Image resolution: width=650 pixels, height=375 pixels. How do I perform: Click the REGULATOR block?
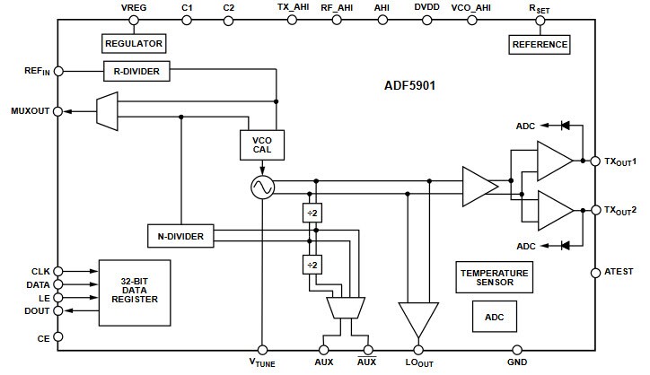point(133,43)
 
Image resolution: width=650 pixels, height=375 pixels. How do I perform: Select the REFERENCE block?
point(540,43)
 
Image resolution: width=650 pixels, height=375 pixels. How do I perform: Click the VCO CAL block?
point(261,144)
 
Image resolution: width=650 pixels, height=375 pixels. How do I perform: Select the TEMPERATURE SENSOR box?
point(495,277)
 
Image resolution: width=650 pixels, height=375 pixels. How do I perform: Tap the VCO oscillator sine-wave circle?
point(261,187)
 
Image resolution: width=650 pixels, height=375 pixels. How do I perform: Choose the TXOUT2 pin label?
point(620,210)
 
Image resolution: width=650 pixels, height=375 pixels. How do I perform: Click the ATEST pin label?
point(619,272)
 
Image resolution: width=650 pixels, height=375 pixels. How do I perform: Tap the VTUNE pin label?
point(261,363)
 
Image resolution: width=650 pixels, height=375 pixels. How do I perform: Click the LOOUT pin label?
point(417,363)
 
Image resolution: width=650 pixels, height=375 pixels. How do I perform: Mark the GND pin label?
point(517,362)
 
